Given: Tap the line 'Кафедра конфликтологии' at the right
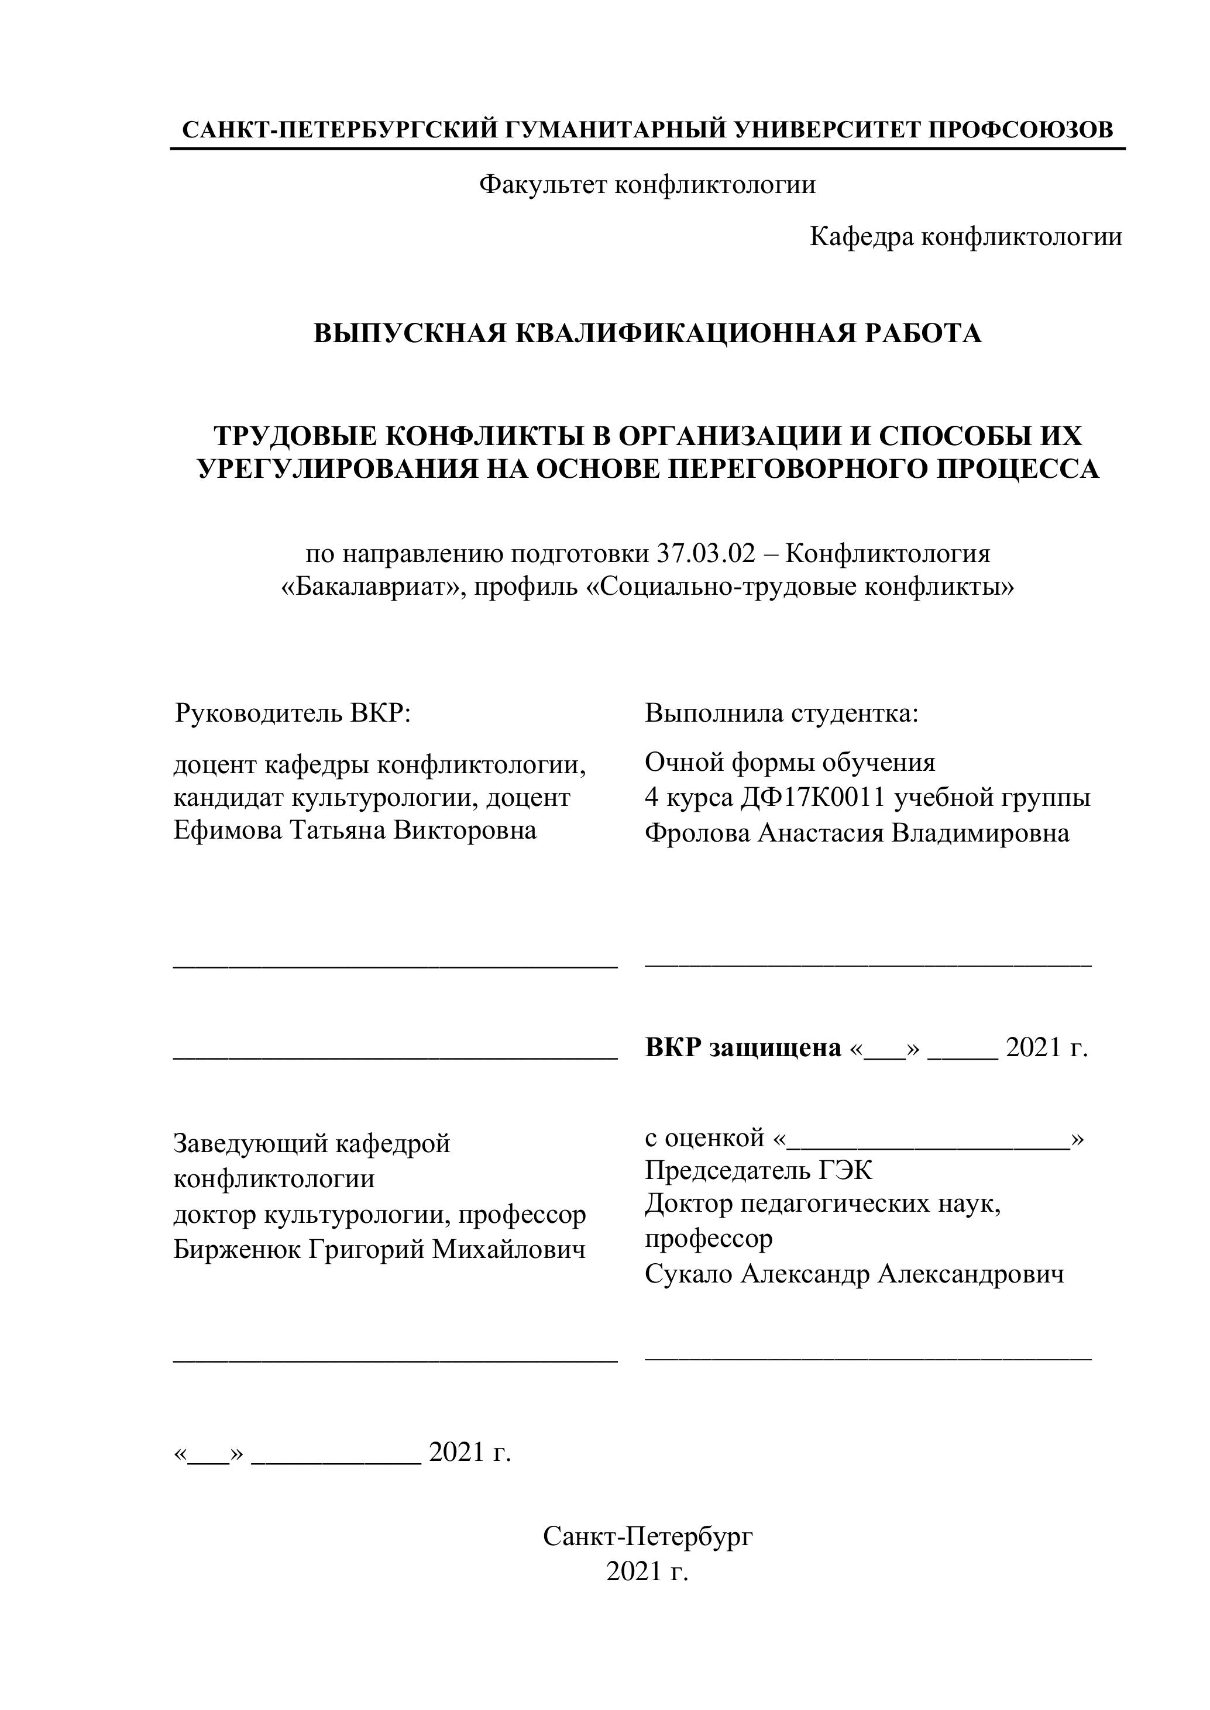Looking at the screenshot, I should (965, 237).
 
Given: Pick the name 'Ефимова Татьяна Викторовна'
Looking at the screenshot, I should (355, 830).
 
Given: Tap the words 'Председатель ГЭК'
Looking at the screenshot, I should (758, 1171).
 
